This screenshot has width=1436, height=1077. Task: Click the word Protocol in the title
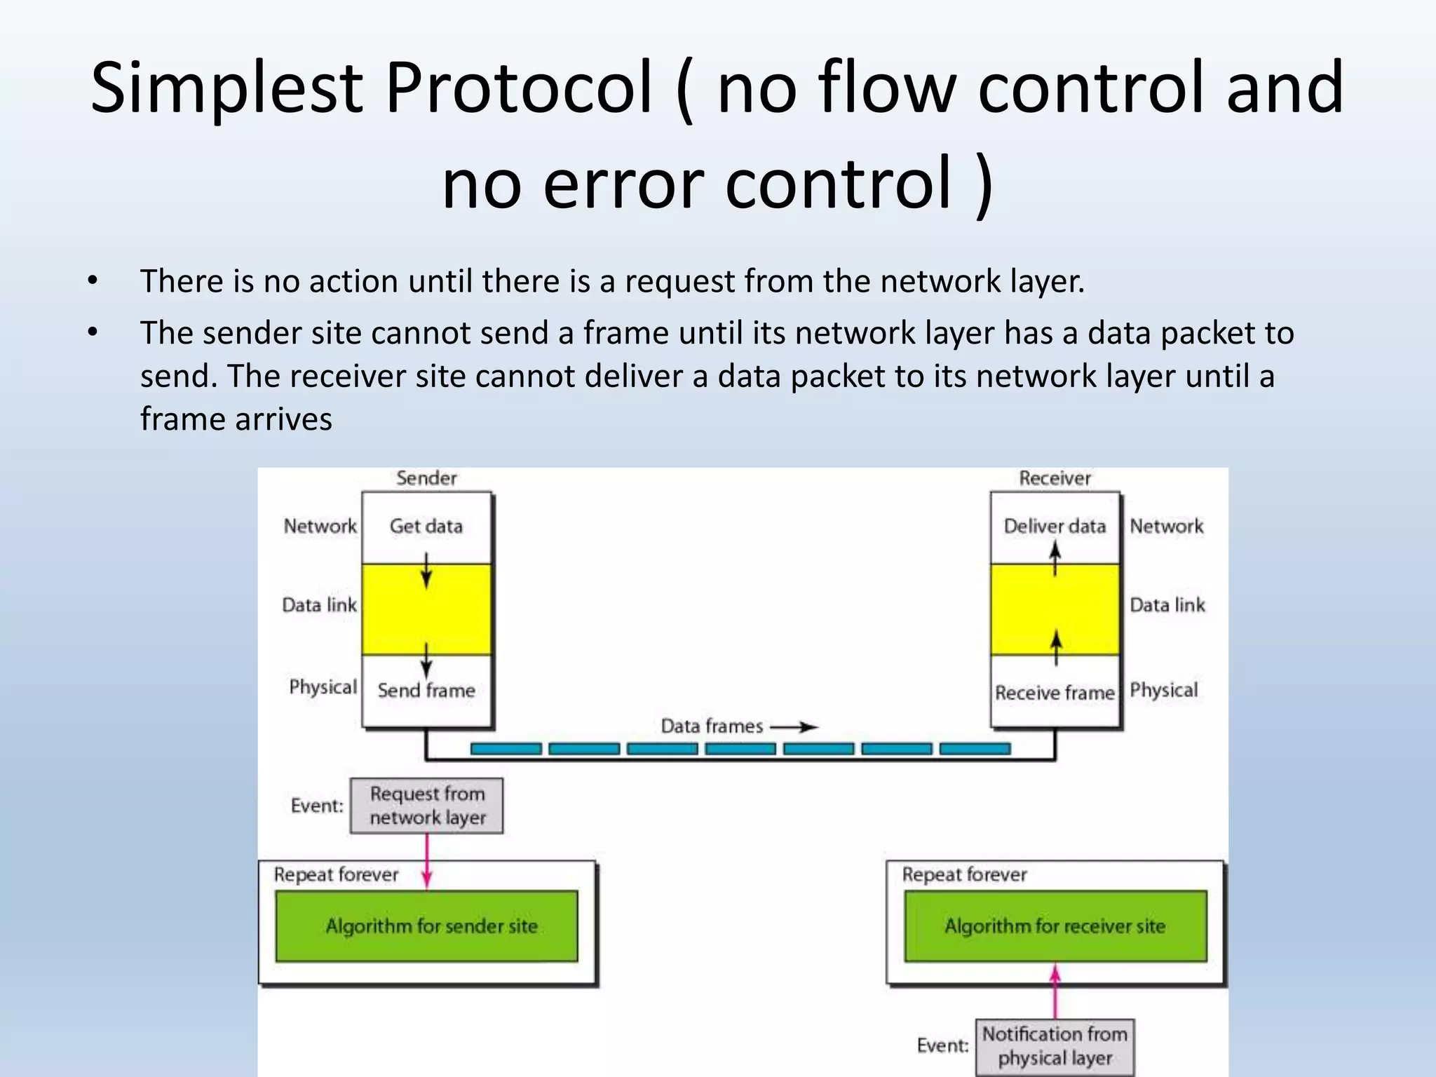coord(519,89)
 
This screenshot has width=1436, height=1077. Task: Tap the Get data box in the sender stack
coord(426,526)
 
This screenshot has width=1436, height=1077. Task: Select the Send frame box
coord(426,691)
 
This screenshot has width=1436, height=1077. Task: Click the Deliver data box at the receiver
coord(1054,526)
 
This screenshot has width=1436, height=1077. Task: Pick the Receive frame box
coord(1054,693)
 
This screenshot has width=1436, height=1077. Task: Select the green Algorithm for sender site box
coord(426,926)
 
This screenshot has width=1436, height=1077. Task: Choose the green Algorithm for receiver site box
coord(1055,926)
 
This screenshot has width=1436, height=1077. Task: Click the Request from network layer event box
coord(426,806)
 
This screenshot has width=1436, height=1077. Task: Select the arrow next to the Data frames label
coord(794,727)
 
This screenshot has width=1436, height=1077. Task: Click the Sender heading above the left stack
coord(426,478)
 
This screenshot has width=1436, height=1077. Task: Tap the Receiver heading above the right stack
coord(1055,478)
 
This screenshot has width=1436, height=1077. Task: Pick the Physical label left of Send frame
coord(323,687)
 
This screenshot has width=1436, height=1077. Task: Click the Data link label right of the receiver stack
coord(1167,605)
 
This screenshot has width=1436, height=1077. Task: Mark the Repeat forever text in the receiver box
coord(964,874)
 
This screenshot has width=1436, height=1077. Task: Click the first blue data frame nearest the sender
coord(506,749)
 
